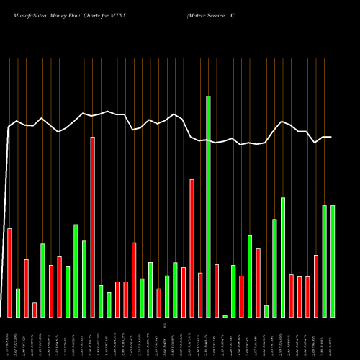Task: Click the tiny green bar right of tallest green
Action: pos(225,315)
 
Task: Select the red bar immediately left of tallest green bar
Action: pos(200,294)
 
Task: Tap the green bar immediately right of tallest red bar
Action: pos(101,301)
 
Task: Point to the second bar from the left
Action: pos(18,302)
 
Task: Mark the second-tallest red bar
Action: pos(192,248)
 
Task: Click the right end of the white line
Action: pos(331,137)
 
